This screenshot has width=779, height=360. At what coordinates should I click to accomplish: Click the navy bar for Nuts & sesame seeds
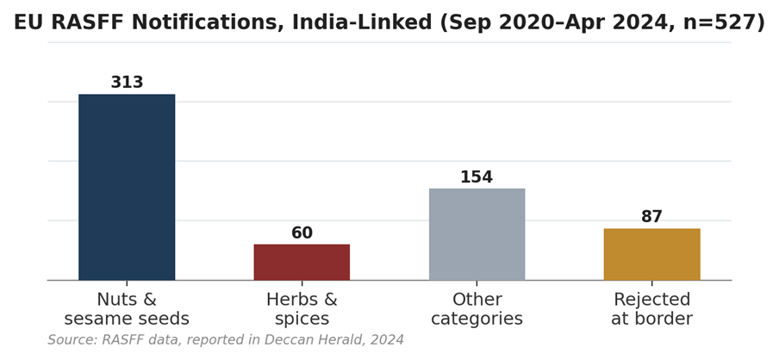click(127, 187)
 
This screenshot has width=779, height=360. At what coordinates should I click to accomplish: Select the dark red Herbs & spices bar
click(302, 262)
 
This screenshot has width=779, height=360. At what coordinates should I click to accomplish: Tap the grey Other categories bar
click(477, 234)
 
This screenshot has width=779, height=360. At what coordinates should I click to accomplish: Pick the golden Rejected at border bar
click(651, 254)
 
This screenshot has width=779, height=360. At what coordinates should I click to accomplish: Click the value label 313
click(127, 83)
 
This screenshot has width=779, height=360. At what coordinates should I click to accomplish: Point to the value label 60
click(302, 233)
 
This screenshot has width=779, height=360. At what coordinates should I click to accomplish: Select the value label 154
click(477, 177)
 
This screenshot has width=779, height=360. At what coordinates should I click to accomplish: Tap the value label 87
click(651, 217)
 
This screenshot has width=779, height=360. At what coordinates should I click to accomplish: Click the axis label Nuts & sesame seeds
click(127, 309)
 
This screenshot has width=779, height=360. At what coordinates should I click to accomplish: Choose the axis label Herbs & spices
click(302, 309)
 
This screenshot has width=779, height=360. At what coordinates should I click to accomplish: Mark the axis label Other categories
click(477, 309)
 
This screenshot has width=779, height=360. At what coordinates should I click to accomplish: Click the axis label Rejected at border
click(651, 309)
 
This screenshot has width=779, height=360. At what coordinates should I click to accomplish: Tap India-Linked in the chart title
click(362, 23)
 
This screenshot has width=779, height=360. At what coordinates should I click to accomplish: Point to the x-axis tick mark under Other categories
click(477, 282)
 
